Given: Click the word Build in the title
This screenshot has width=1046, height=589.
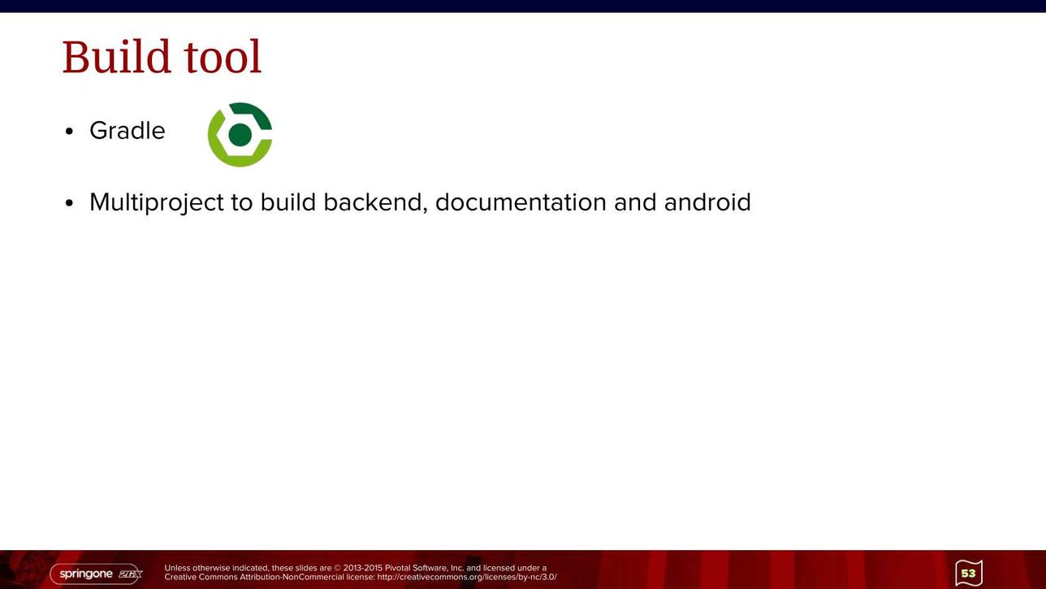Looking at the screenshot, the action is pos(116,57).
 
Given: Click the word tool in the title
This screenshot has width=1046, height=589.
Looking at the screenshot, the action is pos(223,57).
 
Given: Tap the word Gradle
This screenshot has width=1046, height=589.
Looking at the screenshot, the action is pos(128,130).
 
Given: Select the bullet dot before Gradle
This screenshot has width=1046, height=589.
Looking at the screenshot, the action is pos(70,132).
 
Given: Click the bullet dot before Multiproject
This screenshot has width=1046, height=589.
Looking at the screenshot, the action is pos(70,203).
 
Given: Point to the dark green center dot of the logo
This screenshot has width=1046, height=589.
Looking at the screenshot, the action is pos(240,135).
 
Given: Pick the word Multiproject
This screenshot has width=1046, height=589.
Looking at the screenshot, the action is pos(157,203).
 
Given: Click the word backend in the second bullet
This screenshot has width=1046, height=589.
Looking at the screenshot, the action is pos(375,203).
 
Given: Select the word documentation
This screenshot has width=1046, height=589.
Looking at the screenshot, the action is pos(521,202).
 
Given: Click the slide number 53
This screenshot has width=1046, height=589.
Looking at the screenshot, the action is pos(968,573).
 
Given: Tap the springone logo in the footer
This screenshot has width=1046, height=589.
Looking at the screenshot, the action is pos(96,574).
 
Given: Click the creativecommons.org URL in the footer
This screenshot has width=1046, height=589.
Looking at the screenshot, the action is pos(467,578).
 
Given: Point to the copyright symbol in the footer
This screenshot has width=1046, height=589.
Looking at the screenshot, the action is pos(338,569).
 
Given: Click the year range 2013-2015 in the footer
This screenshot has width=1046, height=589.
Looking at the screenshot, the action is pos(363,568).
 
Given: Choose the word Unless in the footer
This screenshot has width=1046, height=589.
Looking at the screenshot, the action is pos(177,568).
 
